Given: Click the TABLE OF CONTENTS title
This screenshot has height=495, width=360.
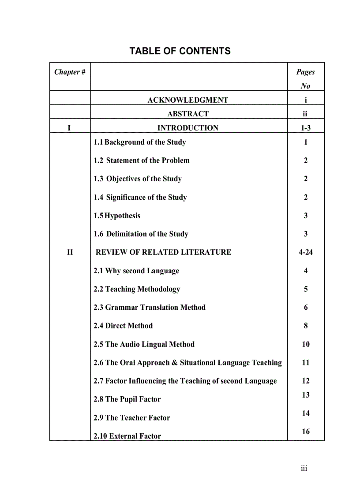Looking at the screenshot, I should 180,51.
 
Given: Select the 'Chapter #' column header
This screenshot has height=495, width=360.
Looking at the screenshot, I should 70,72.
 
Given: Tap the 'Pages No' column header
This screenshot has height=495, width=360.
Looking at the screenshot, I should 305,78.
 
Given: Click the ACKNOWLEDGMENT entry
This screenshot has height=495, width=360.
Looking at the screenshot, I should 187,100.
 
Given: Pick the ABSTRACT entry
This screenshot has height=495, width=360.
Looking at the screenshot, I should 188,114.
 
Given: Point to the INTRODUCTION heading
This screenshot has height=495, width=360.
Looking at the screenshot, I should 188,128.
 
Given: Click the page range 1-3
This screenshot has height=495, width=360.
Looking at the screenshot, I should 306,128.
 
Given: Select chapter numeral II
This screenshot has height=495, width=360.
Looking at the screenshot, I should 70,252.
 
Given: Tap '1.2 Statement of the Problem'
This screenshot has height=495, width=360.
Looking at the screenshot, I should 142,160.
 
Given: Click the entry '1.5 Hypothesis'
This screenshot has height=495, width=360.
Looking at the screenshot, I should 117,216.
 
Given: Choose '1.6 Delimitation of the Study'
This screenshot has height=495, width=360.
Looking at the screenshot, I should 141,234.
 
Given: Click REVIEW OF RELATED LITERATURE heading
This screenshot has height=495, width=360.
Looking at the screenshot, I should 163,252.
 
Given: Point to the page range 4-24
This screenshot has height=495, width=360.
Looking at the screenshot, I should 306,252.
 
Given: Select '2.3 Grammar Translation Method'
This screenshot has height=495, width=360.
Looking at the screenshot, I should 150,307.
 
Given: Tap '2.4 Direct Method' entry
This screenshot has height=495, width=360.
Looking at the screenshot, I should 123,326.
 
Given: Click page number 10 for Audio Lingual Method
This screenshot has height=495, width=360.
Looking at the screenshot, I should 306,344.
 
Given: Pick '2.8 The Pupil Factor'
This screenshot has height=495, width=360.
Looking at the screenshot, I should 127,399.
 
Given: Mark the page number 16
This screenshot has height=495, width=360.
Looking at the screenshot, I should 306,432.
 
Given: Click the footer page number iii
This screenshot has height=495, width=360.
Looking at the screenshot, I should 304,468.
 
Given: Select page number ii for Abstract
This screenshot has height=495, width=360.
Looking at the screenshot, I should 305,114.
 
